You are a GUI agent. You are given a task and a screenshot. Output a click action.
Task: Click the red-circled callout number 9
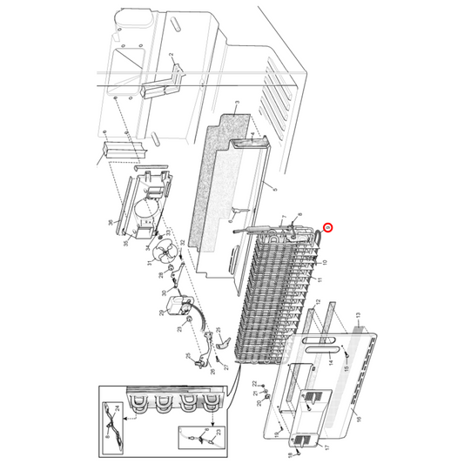(x=327, y=229)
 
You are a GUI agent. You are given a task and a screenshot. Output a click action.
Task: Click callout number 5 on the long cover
(x=273, y=189)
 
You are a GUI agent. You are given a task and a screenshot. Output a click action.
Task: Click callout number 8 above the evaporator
(x=300, y=215)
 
